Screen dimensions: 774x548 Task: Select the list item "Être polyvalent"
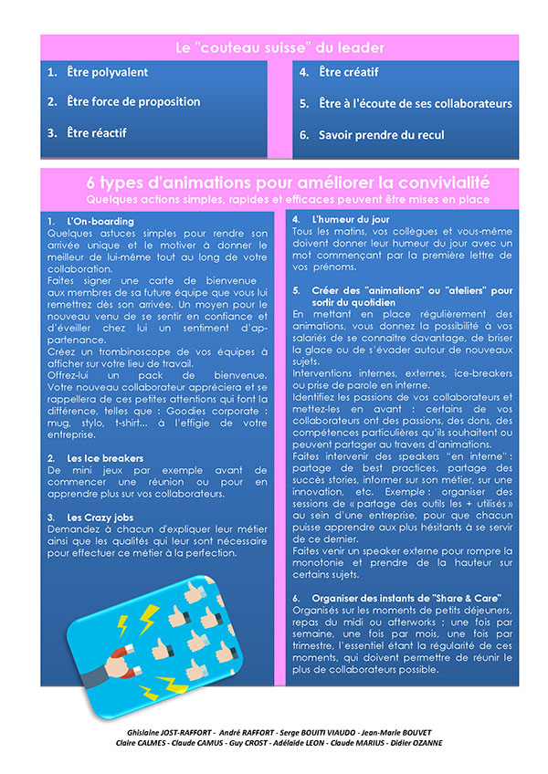[107, 72]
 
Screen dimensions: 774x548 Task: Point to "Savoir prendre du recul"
[381, 134]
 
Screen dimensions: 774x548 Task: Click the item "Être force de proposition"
[132, 102]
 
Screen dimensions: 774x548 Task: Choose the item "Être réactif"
[96, 133]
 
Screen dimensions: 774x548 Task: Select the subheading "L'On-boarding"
[100, 222]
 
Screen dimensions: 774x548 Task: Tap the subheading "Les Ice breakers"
[105, 458]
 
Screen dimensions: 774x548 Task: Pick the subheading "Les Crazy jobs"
[102, 517]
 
